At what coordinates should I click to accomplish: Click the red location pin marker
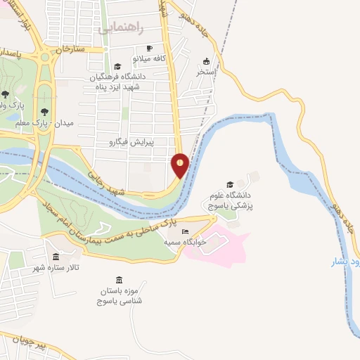pos(181,164)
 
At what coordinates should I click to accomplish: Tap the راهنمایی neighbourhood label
pos(121,28)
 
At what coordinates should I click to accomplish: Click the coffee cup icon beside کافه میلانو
pos(139,49)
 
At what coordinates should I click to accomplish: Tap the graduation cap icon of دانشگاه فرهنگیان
pos(117,67)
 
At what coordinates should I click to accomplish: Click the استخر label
pos(206,71)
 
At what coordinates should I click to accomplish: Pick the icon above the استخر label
pos(206,60)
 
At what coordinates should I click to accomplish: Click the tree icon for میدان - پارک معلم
pos(45,111)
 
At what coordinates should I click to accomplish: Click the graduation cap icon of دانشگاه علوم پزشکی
pos(230,184)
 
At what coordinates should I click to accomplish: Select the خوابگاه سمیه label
pos(184,242)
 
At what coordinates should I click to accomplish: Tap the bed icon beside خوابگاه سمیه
pos(186,232)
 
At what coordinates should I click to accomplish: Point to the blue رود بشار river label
pos(345,262)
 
